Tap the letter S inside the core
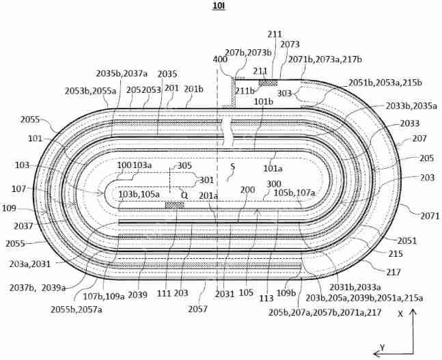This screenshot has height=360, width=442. point(232,166)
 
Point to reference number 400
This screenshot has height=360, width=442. point(219,60)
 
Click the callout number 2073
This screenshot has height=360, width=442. point(290,44)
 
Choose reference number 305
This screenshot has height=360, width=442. point(184,165)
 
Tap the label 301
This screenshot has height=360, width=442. point(205,180)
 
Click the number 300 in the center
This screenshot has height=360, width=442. point(274,184)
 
